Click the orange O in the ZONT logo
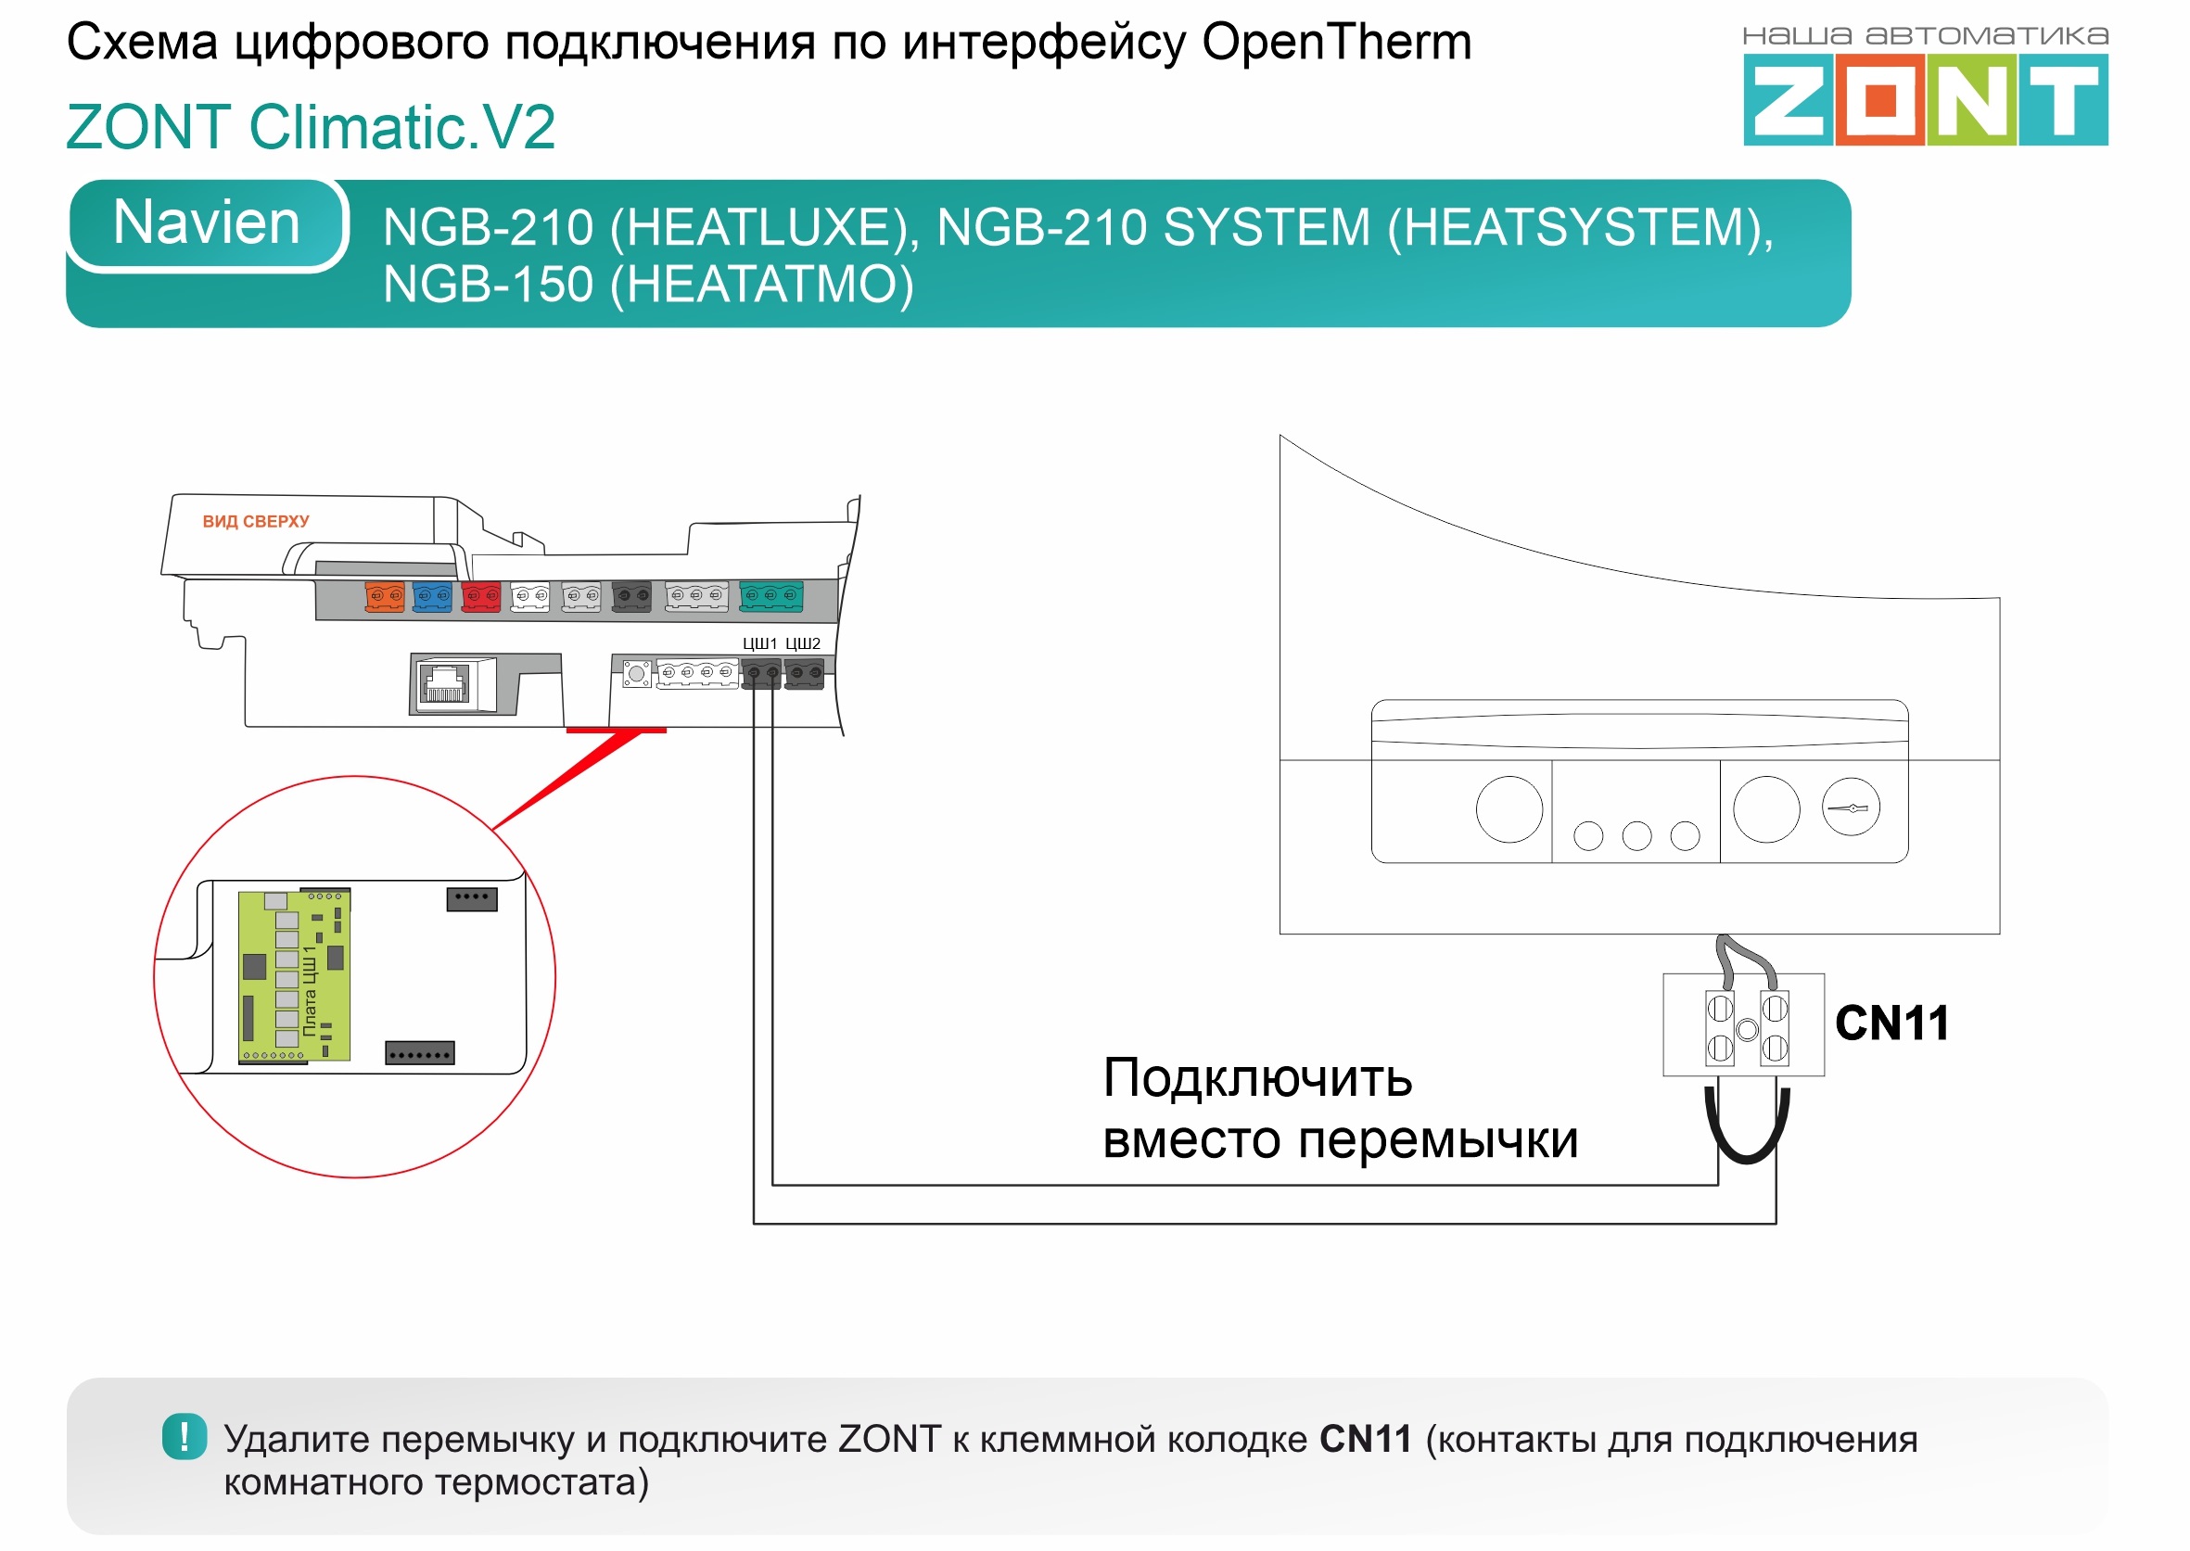(x=1878, y=100)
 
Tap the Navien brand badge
(x=206, y=223)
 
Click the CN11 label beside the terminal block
(x=1891, y=1023)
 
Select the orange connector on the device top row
(x=384, y=597)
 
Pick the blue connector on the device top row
(x=432, y=597)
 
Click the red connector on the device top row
(x=480, y=597)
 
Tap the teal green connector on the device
(x=770, y=596)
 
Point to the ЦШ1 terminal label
(x=759, y=643)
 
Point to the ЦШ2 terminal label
(x=802, y=643)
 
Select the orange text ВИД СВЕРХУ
(x=255, y=521)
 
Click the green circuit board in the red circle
(x=294, y=976)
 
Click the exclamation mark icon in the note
(x=185, y=1436)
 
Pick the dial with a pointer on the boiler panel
(x=1850, y=808)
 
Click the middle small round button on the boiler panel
(x=1636, y=835)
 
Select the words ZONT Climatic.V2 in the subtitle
(x=311, y=127)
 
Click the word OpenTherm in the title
(x=1336, y=43)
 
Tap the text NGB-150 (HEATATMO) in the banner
(x=647, y=285)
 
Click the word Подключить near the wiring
(x=1257, y=1078)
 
